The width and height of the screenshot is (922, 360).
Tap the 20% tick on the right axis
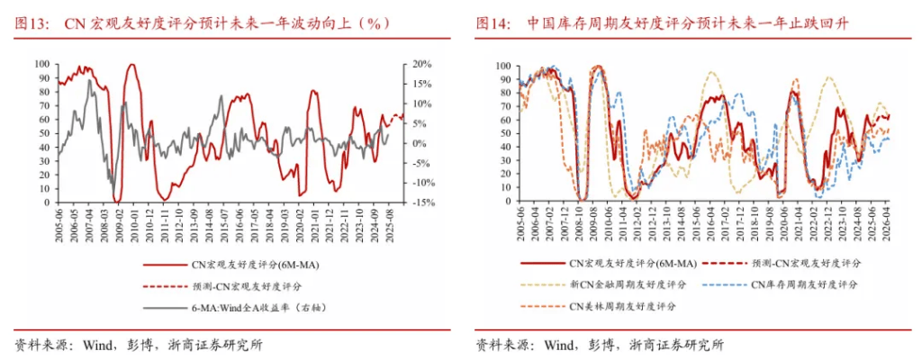[x=422, y=65]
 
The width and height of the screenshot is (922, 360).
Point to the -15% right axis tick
[x=420, y=202]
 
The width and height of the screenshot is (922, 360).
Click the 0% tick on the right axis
[x=420, y=143]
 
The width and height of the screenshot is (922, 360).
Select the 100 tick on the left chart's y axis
[x=42, y=65]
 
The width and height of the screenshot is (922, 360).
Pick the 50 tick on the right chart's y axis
[x=502, y=134]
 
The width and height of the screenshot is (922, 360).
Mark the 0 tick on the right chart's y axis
[x=506, y=202]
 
